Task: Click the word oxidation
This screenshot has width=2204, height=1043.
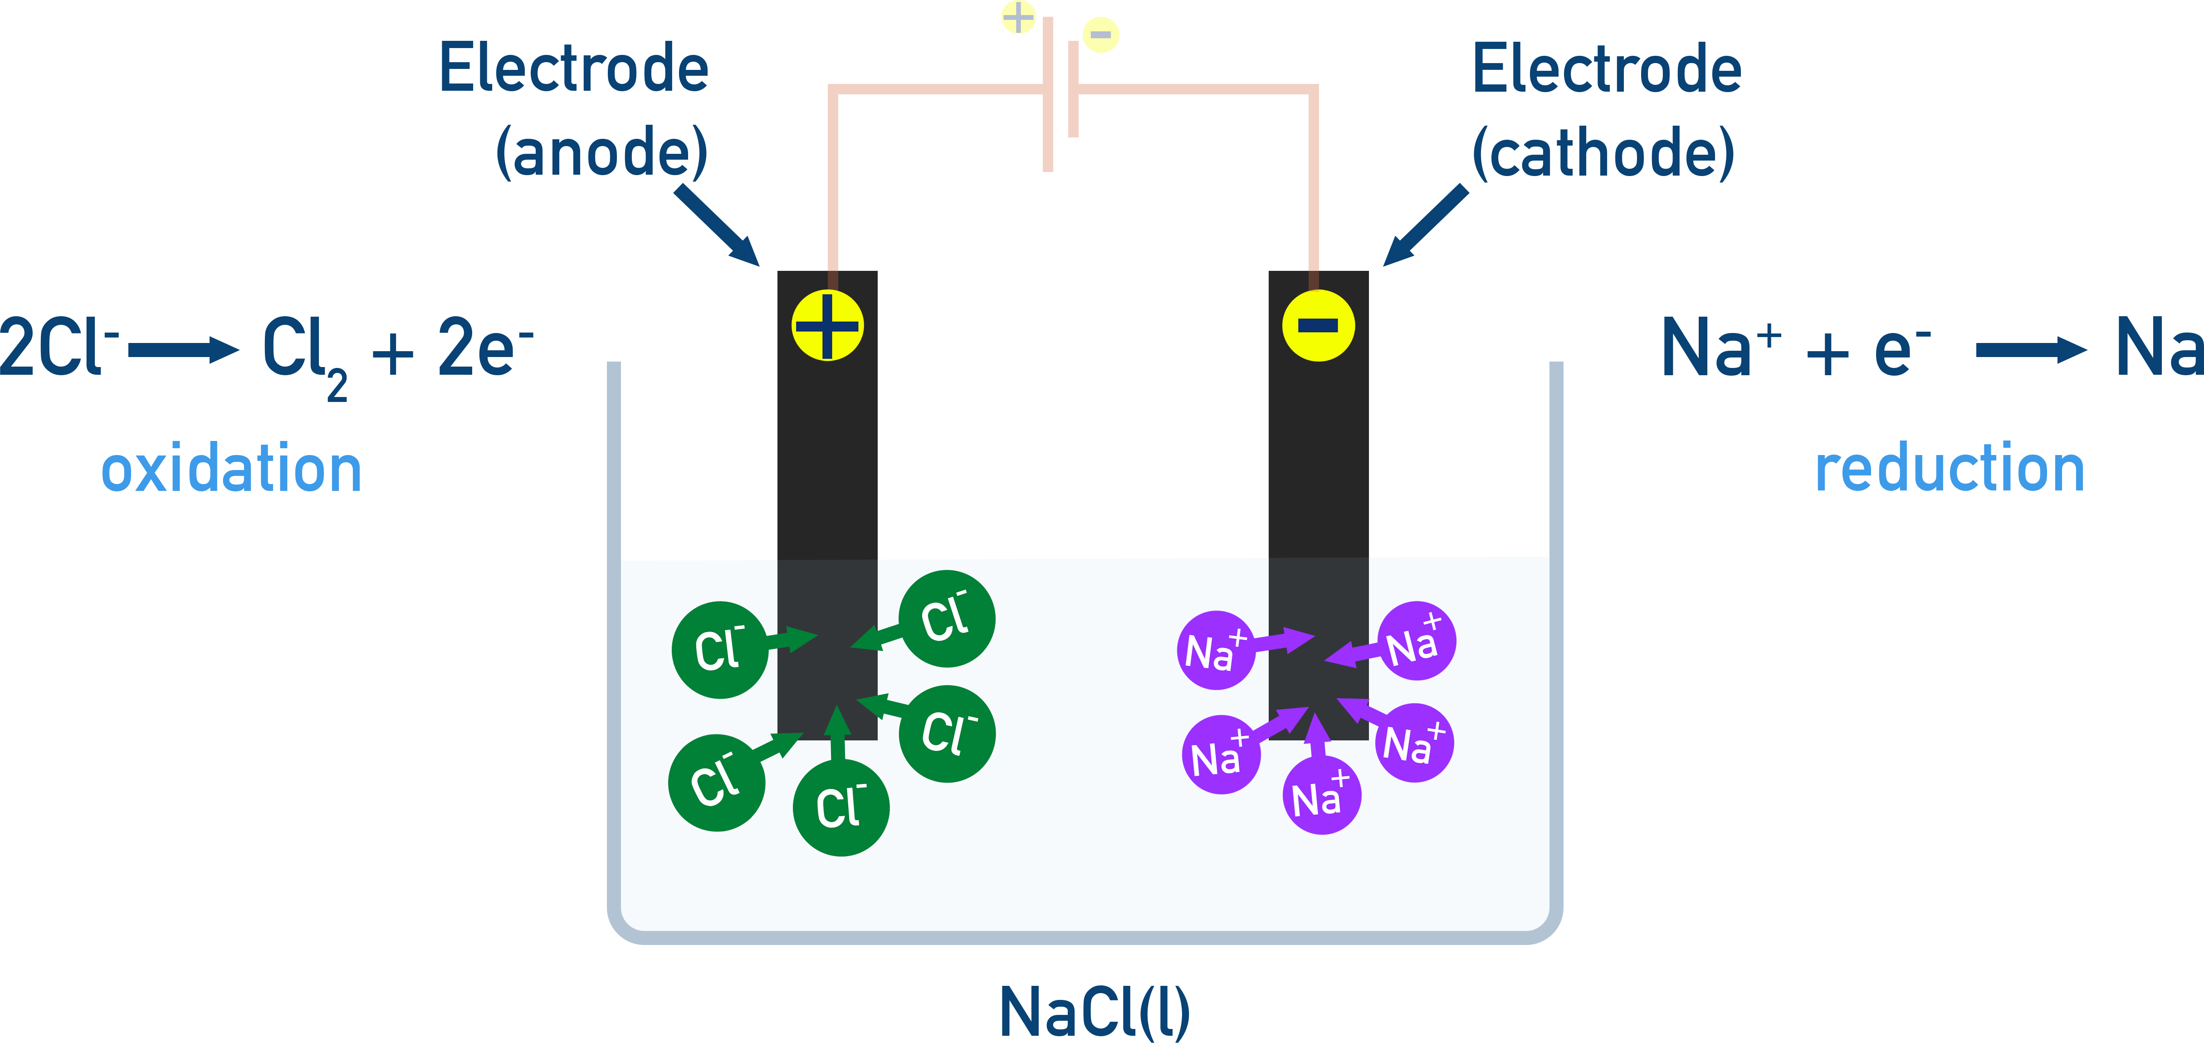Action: pyautogui.click(x=231, y=470)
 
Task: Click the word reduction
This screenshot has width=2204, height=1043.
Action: pyautogui.click(x=1949, y=469)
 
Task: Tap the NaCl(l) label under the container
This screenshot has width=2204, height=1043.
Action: pyautogui.click(x=1095, y=1012)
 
